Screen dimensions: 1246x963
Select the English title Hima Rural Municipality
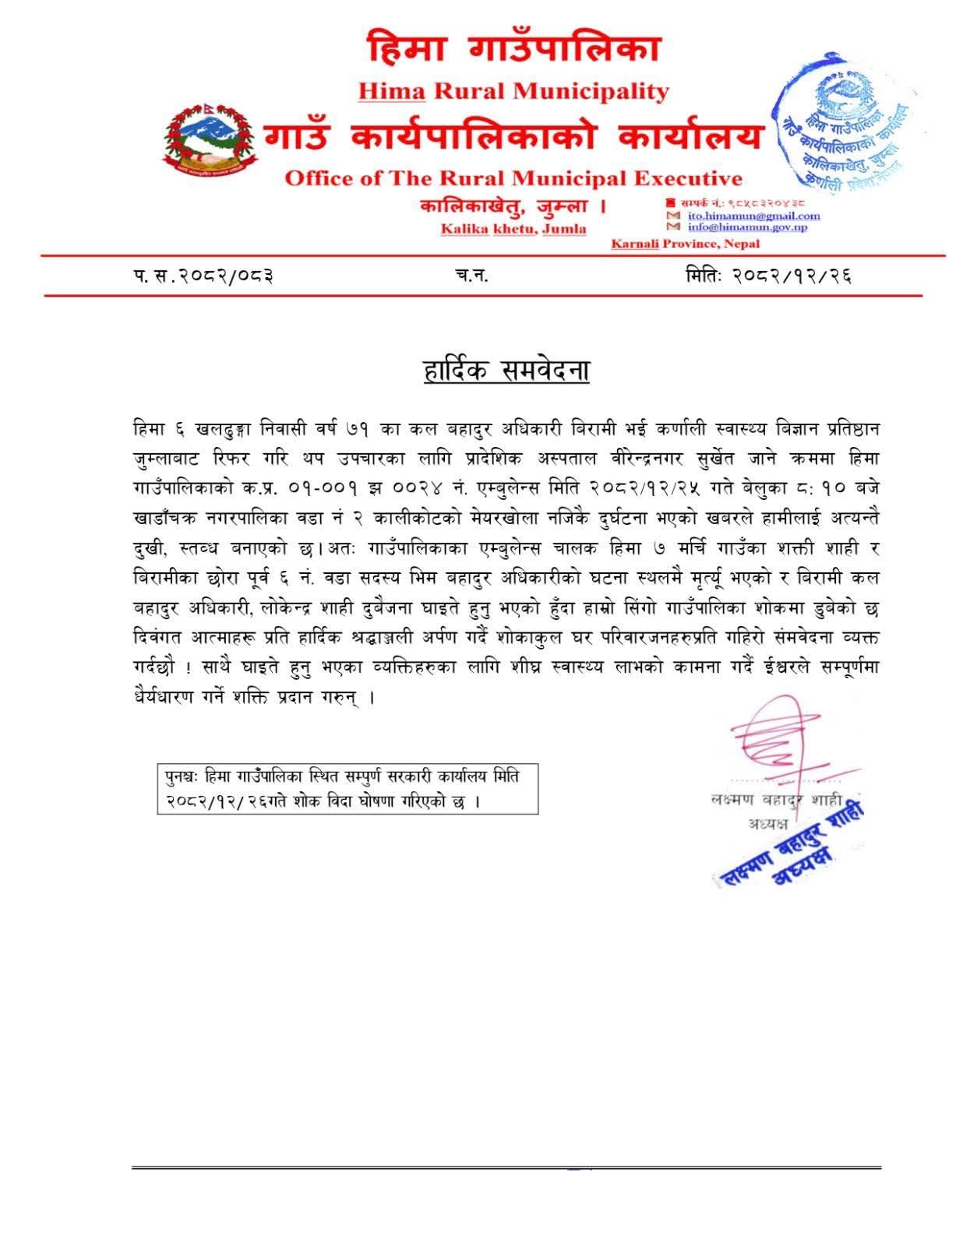[513, 92]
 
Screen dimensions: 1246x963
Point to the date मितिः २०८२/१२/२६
[768, 276]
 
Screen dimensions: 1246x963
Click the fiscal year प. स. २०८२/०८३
[203, 276]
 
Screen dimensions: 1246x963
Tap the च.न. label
[471, 276]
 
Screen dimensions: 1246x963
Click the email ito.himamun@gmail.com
[753, 216]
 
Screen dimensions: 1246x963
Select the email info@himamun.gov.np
[747, 227]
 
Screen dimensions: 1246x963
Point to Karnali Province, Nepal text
[685, 244]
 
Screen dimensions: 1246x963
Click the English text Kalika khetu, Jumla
[513, 229]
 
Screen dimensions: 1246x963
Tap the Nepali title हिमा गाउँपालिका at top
[513, 48]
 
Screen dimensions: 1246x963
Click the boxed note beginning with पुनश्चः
[347, 788]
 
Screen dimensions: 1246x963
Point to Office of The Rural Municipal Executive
[513, 178]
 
